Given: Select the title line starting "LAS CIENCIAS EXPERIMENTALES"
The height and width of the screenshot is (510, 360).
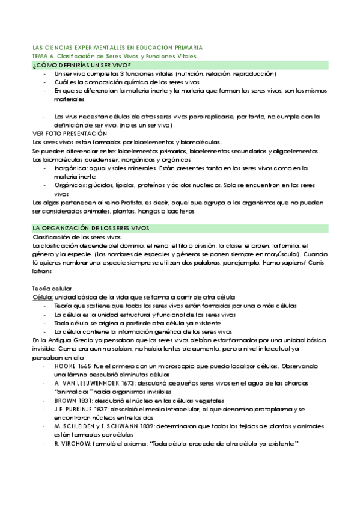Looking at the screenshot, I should pyautogui.click(x=117, y=46).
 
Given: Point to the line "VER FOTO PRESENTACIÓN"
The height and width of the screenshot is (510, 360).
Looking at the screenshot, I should pyautogui.click(x=69, y=133).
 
